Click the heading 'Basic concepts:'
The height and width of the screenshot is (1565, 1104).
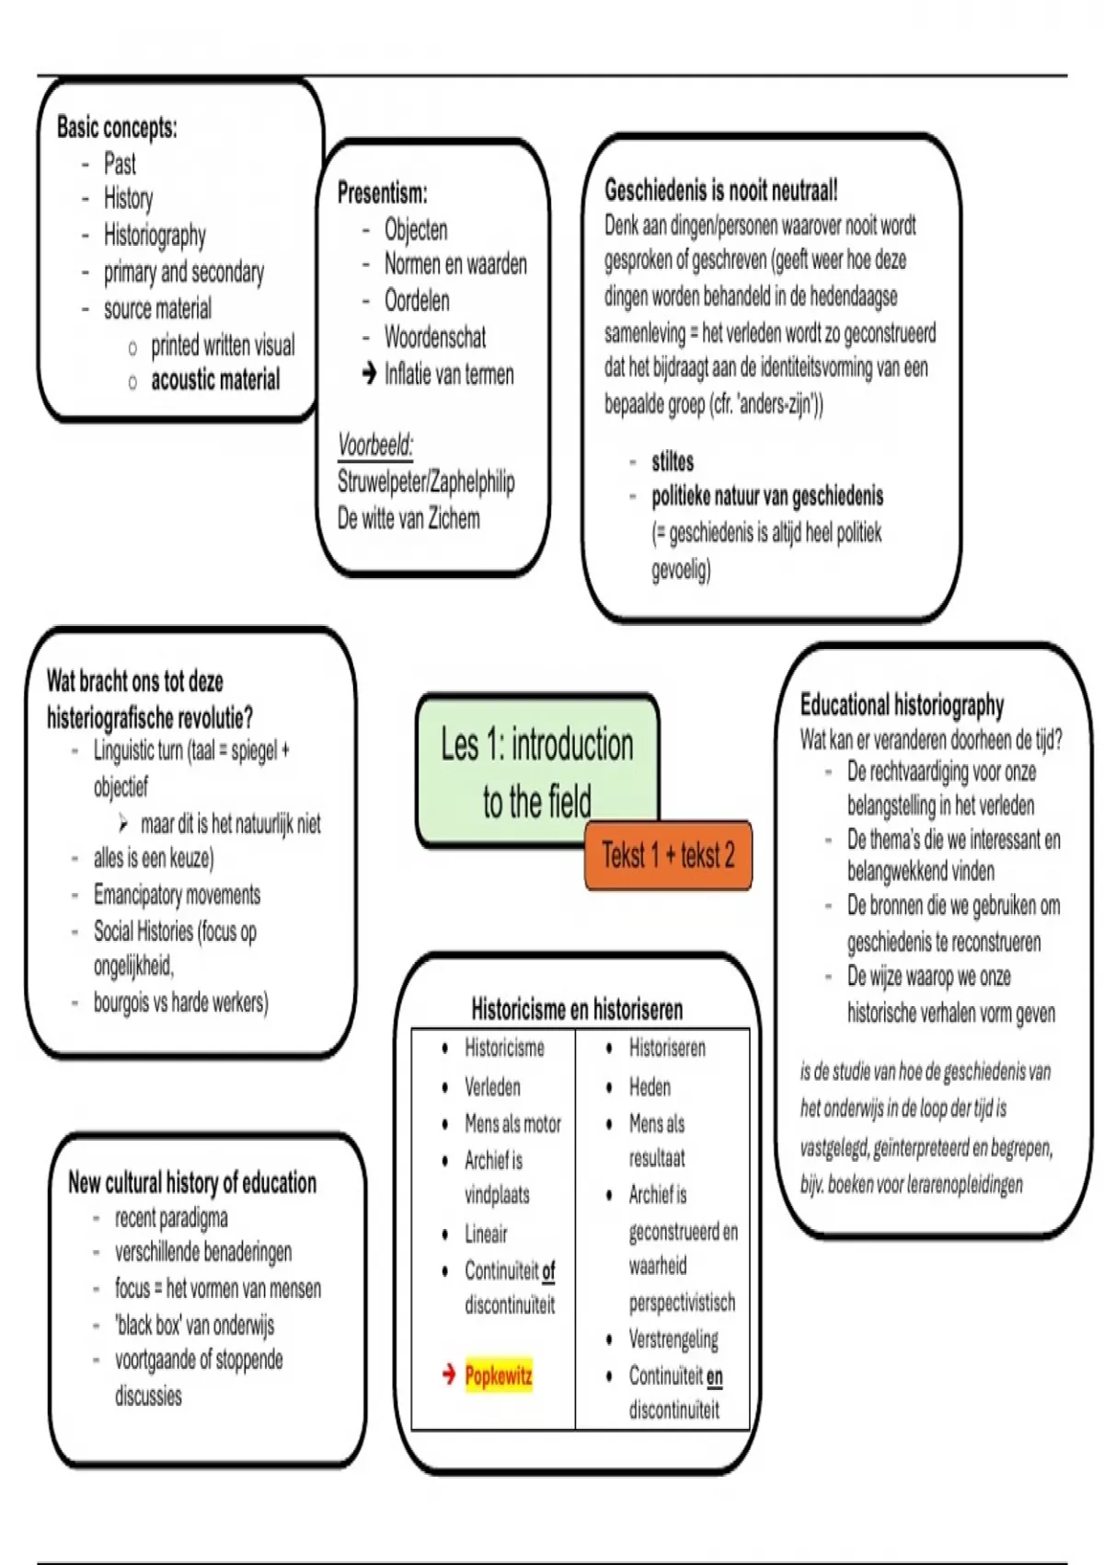point(117,127)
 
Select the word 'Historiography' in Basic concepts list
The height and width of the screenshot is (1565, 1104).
point(155,236)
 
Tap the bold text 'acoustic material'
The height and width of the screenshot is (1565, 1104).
point(215,380)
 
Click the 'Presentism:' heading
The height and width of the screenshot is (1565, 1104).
point(382,193)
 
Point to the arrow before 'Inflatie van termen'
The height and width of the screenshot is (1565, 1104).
point(369,374)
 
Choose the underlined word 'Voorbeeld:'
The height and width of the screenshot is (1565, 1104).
point(375,446)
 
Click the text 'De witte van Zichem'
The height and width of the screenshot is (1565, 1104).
point(408,519)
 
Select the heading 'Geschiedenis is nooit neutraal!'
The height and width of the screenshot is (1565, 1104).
point(720,191)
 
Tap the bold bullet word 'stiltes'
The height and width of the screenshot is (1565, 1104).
point(673,462)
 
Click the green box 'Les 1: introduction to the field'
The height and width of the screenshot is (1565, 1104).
point(536,771)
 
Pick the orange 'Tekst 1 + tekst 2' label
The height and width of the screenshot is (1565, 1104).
point(668,856)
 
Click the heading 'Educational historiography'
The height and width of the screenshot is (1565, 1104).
point(902,705)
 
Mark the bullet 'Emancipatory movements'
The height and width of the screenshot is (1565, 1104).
point(177,895)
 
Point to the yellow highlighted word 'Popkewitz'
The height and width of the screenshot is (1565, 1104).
point(499,1376)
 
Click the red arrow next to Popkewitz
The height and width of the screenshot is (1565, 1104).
point(449,1375)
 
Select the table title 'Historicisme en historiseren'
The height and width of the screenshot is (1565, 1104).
point(577,1009)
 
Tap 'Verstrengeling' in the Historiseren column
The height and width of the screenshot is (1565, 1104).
point(673,1339)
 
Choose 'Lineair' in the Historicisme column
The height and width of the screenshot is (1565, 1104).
point(486,1234)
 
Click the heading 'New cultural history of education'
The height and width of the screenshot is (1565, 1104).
point(192,1183)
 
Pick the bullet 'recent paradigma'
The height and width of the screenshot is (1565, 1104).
point(171,1219)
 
